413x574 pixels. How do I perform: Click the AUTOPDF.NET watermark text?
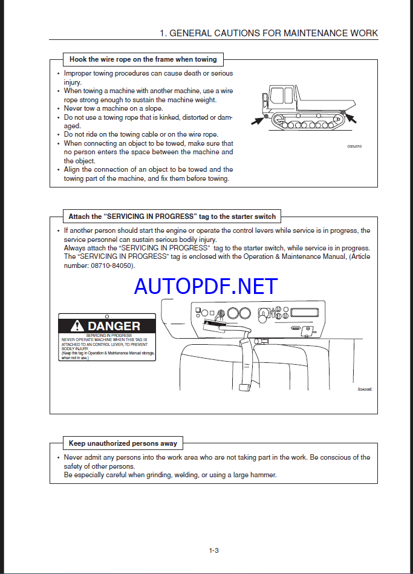click(206, 286)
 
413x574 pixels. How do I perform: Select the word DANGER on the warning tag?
click(114, 326)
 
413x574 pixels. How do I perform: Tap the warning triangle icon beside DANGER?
click(77, 326)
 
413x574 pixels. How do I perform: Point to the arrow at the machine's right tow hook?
click(351, 118)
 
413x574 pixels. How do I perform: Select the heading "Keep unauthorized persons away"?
click(123, 443)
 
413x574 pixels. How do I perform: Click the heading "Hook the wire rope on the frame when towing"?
click(143, 59)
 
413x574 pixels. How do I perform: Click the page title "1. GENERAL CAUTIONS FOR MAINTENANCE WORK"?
click(268, 33)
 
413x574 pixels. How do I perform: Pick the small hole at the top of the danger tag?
click(107, 316)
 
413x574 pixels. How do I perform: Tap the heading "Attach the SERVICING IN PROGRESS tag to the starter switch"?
click(172, 216)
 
